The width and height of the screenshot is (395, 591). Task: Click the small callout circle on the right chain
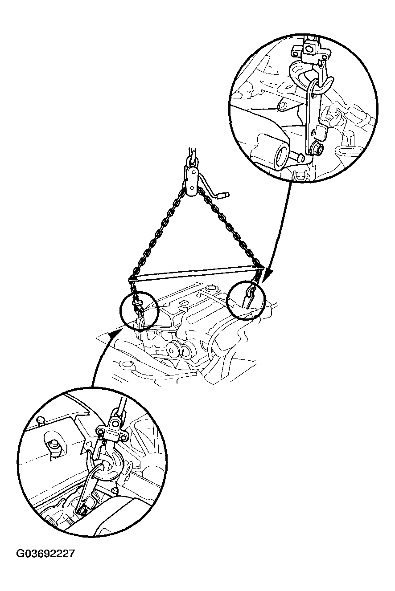[x=246, y=300]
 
